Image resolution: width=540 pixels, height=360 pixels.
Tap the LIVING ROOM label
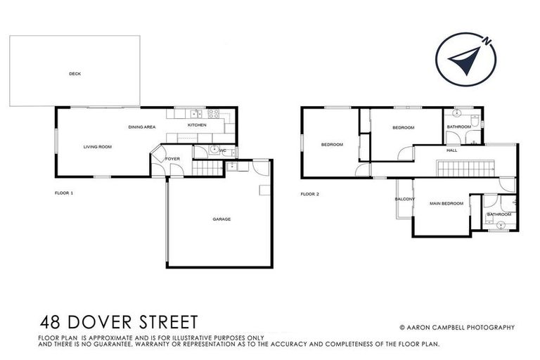(98, 147)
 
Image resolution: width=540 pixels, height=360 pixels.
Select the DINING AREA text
(142, 127)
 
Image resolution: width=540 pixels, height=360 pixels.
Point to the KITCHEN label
(196, 125)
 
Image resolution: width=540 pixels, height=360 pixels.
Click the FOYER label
(173, 160)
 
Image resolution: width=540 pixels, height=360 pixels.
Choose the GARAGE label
(221, 219)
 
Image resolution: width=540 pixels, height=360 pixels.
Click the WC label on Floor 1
(222, 150)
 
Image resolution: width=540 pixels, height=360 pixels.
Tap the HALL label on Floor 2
(454, 150)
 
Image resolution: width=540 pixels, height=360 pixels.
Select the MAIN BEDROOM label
(447, 204)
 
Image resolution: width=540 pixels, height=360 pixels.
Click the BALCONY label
(404, 200)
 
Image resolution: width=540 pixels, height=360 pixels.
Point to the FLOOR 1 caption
(64, 192)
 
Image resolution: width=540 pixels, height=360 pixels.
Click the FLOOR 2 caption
(310, 194)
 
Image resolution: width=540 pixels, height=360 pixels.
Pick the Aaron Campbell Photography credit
(457, 327)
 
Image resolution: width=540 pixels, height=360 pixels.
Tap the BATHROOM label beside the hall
(458, 127)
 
